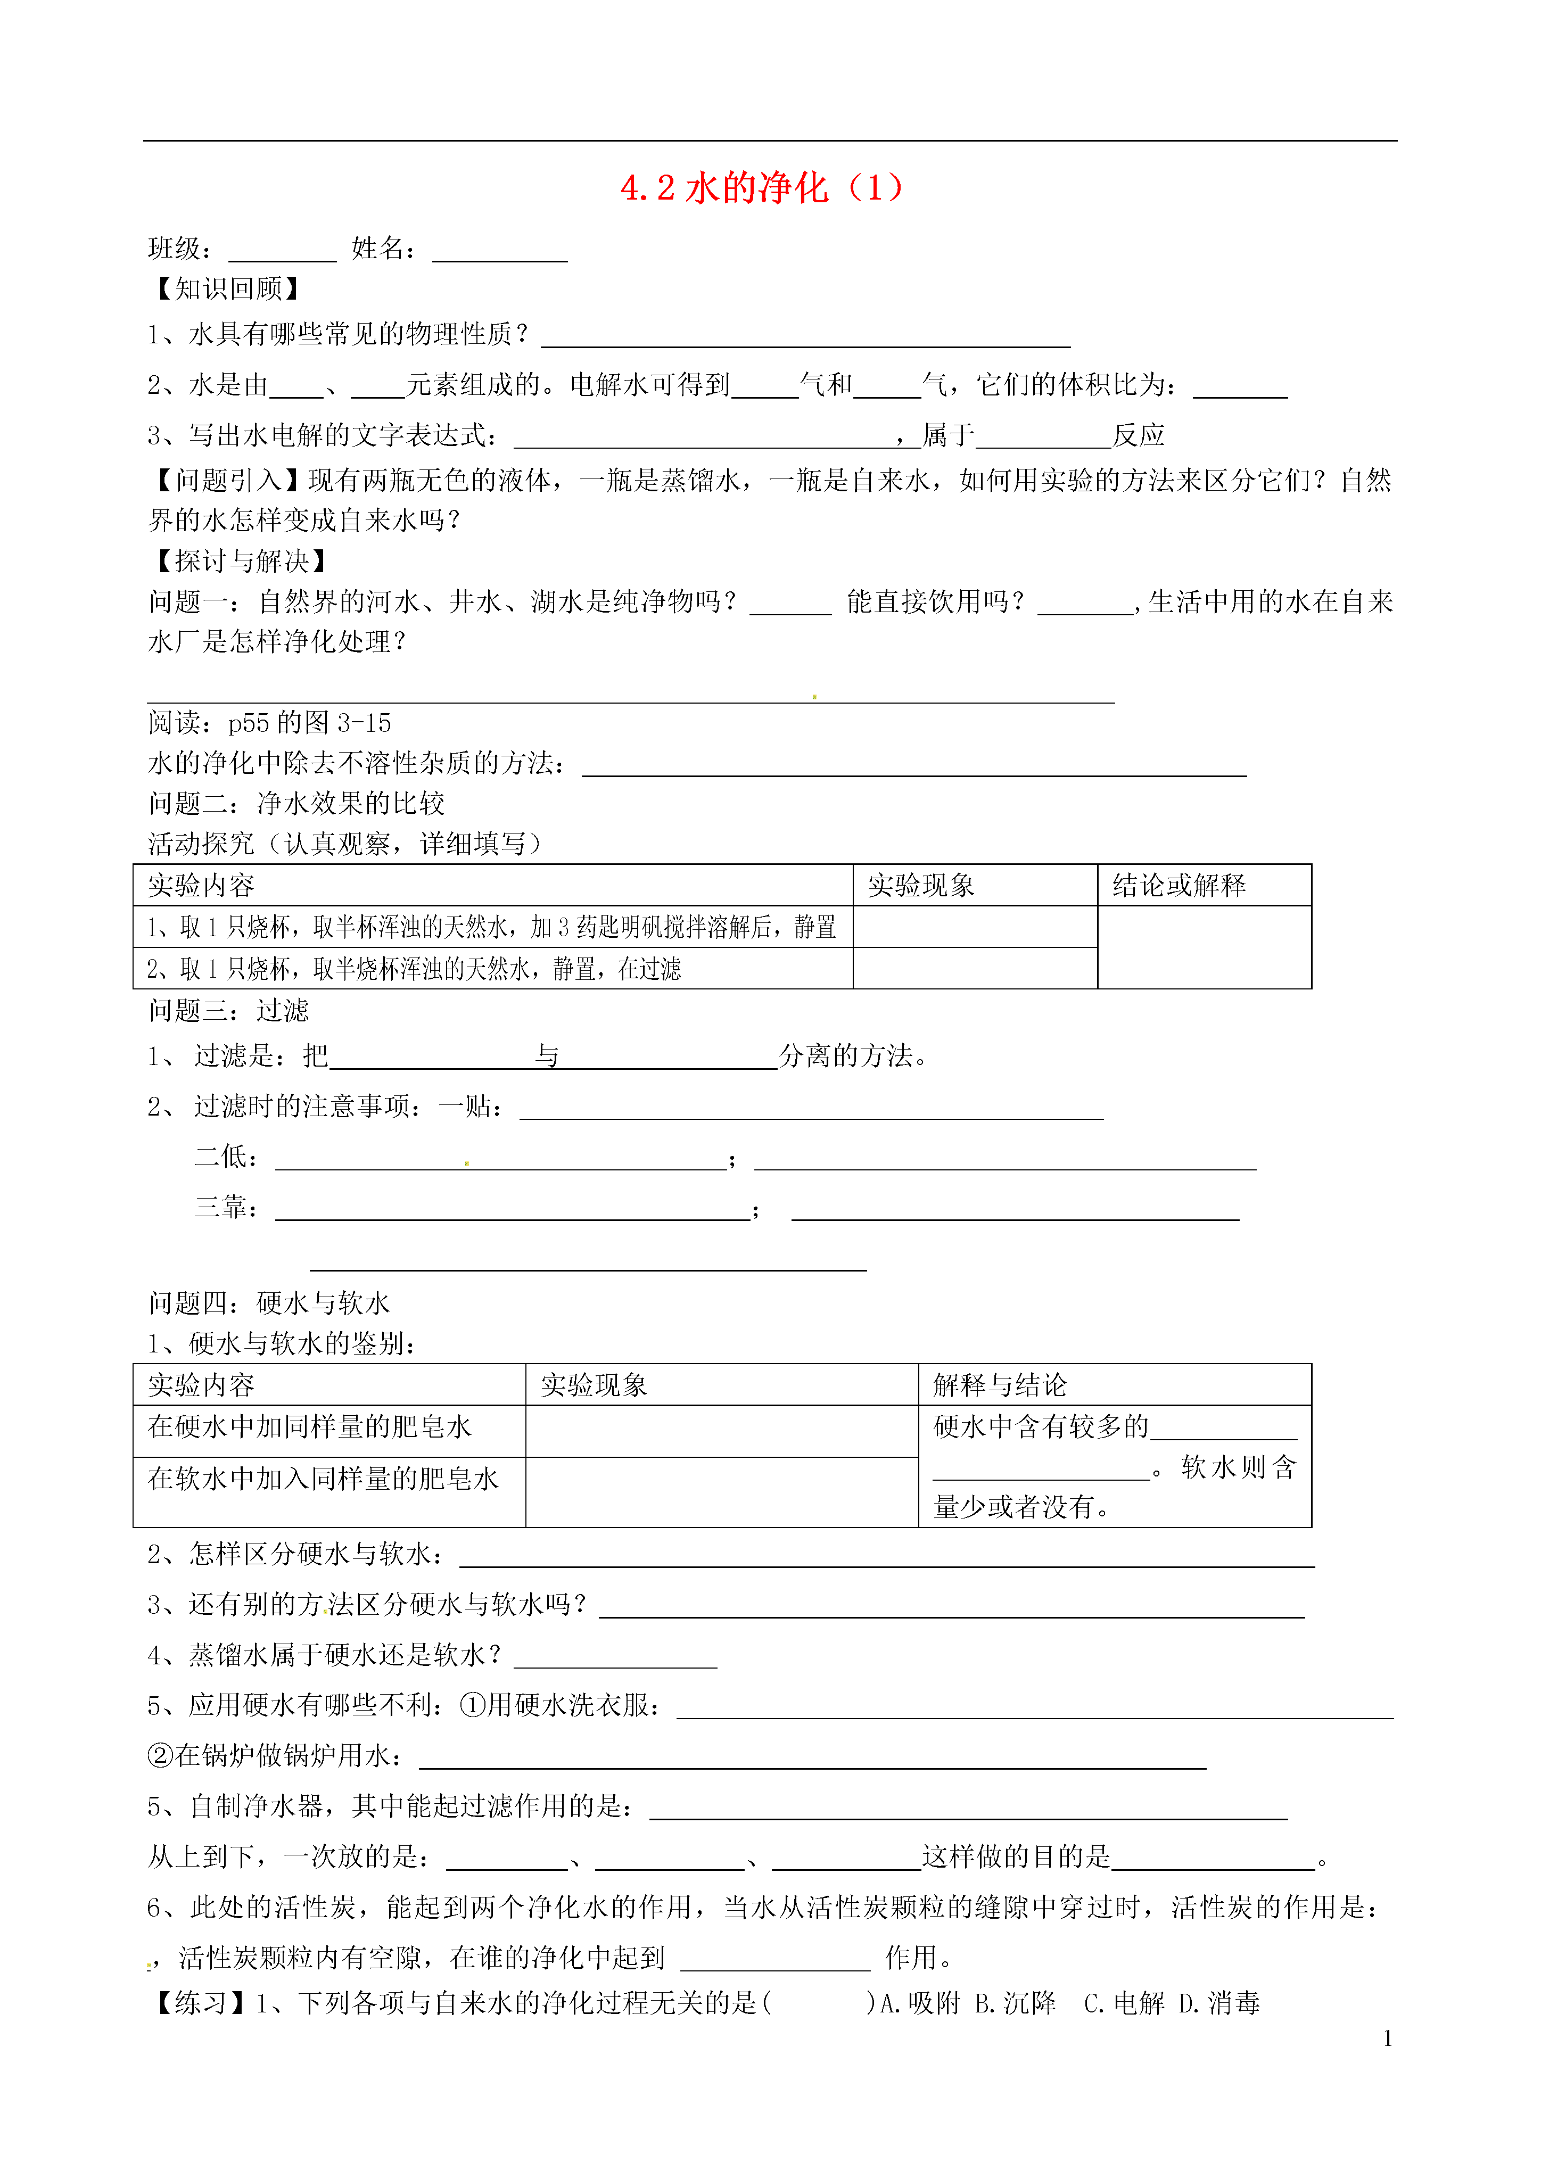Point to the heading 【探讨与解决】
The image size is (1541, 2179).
239,561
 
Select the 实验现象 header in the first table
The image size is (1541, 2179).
920,886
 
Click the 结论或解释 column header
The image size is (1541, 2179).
1179,886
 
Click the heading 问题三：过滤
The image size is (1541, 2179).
229,1010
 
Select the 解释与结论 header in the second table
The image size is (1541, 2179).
999,1385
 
